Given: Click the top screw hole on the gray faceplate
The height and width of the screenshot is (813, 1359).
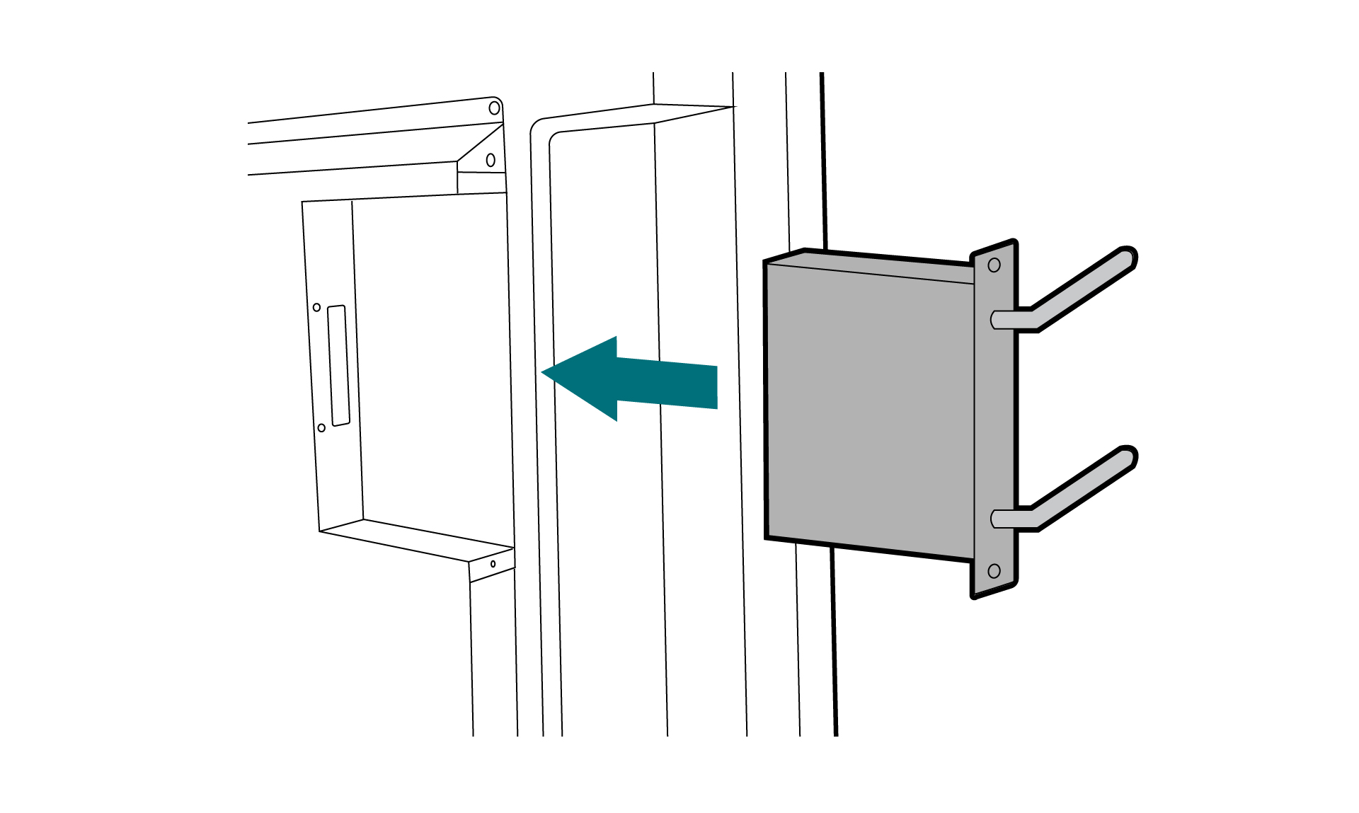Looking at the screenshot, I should tap(994, 265).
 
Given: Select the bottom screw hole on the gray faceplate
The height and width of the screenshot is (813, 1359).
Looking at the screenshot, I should tap(994, 571).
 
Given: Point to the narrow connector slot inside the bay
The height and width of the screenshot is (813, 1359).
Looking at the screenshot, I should tap(340, 366).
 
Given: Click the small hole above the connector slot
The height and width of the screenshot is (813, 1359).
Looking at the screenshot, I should tap(316, 307).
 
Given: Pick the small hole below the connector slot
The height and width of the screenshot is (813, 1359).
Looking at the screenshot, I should tap(321, 428).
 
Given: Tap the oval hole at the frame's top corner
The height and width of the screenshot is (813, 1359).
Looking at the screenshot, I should tap(494, 108).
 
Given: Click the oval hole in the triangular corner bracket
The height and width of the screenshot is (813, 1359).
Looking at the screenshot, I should tap(491, 160).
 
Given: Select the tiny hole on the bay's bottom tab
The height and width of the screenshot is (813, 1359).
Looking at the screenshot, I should tap(493, 564).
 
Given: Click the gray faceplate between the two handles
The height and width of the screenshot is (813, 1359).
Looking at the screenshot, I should tap(994, 417).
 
